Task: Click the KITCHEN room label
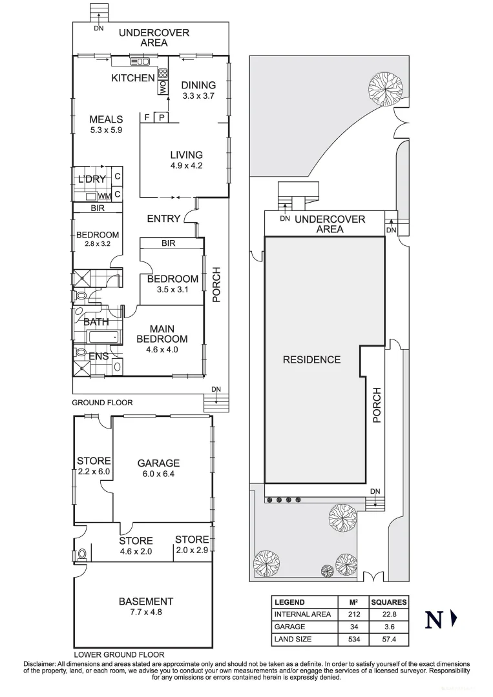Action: pyautogui.click(x=133, y=78)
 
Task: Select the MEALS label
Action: pyautogui.click(x=106, y=119)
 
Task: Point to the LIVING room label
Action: pyautogui.click(x=186, y=155)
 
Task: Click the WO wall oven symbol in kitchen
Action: pyautogui.click(x=163, y=85)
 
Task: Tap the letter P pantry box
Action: pyautogui.click(x=160, y=117)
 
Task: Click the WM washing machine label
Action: pyautogui.click(x=105, y=196)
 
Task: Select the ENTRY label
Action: pyautogui.click(x=163, y=219)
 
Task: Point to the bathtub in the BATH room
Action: pyautogui.click(x=102, y=337)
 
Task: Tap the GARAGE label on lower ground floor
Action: pyautogui.click(x=158, y=463)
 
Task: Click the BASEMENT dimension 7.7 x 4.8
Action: pyautogui.click(x=145, y=612)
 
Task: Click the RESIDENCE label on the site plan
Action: pyautogui.click(x=311, y=359)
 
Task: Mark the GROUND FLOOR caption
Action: pyautogui.click(x=102, y=403)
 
